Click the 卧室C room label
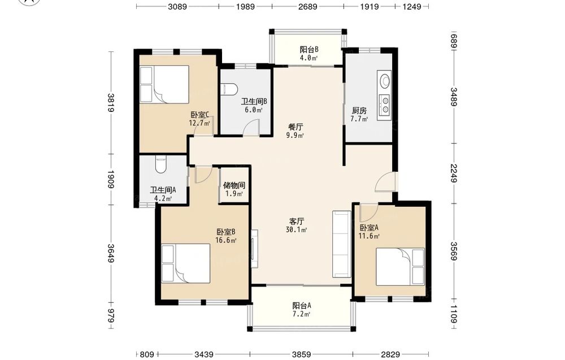(x=200, y=115)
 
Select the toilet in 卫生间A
(x=160, y=164)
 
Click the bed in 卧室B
(x=186, y=263)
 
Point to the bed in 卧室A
(x=400, y=267)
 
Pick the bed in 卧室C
(x=164, y=84)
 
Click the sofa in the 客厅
(x=342, y=244)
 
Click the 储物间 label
(x=234, y=185)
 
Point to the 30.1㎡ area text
(x=297, y=229)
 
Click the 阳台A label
(x=302, y=306)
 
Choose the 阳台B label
(x=309, y=49)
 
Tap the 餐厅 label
(x=296, y=127)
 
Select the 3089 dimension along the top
(x=177, y=6)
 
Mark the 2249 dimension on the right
(x=453, y=174)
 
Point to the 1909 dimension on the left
(x=111, y=179)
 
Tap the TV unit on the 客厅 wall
(x=254, y=248)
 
